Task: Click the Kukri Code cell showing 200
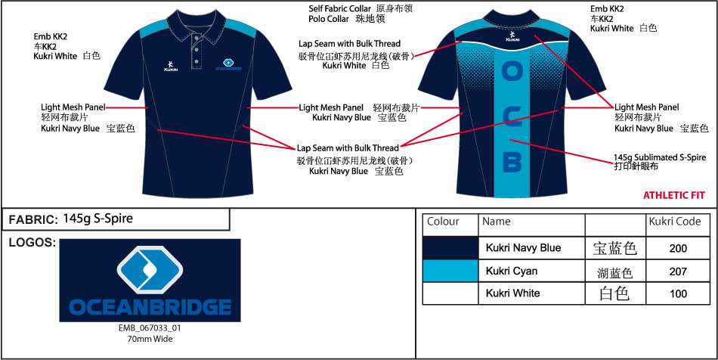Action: (x=678, y=248)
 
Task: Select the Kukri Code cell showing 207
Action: (x=678, y=272)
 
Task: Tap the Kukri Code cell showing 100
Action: (x=678, y=293)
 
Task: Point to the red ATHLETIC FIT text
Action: (x=674, y=195)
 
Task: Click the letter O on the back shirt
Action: (x=512, y=72)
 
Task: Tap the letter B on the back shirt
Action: (x=512, y=161)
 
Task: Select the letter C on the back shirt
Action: (x=512, y=116)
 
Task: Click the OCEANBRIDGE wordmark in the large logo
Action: (x=150, y=307)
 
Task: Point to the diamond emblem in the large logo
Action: (x=150, y=269)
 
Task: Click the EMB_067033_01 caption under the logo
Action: (x=150, y=328)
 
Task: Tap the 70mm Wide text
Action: (x=150, y=339)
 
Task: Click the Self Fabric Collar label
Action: (x=339, y=9)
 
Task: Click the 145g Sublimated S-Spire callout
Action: (x=660, y=157)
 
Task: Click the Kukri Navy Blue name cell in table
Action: (x=523, y=248)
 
